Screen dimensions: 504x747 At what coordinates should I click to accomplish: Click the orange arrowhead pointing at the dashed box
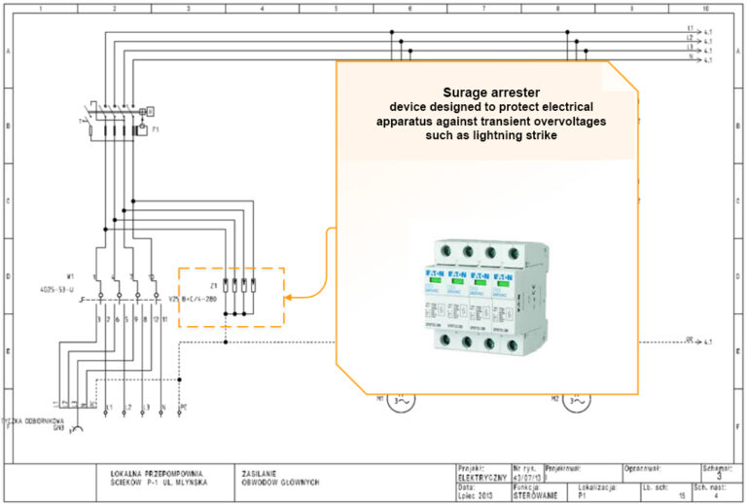[292, 296]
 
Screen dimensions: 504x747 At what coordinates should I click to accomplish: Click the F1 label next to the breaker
[155, 126]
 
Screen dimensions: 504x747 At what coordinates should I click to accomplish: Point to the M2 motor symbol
[575, 399]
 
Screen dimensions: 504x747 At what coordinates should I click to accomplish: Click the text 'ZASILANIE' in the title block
[257, 472]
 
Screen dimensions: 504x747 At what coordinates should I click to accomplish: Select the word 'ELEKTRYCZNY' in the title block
[480, 478]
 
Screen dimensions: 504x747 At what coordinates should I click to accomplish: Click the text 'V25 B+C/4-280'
[194, 298]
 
